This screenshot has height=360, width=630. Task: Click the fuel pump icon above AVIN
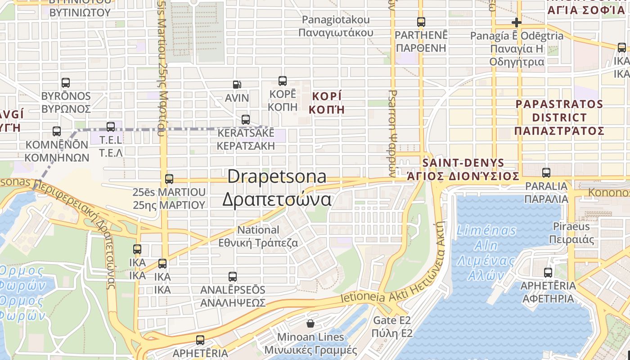coord(237,84)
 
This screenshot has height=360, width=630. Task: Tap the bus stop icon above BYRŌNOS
coord(66,83)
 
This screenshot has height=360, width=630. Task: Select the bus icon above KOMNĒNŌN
coord(57,131)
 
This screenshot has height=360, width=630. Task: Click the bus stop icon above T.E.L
coord(111,127)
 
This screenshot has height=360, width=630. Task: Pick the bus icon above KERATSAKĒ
coord(246,120)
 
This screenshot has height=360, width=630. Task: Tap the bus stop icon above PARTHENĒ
coord(421,22)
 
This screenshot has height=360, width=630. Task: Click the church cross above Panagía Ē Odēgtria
coord(516,22)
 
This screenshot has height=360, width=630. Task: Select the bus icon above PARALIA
coord(546,172)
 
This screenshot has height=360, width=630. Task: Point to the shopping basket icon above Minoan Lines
coord(310,323)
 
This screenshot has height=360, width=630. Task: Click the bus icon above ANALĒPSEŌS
coord(233,276)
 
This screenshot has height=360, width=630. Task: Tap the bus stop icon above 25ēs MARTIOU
coord(169,179)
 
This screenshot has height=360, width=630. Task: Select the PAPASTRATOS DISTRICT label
coord(559,117)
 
